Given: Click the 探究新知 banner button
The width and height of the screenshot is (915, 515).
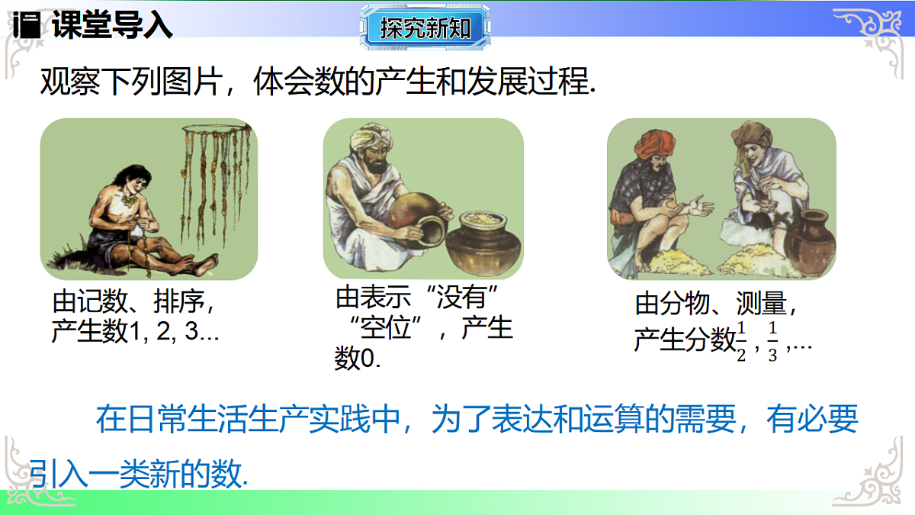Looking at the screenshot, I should (x=425, y=28).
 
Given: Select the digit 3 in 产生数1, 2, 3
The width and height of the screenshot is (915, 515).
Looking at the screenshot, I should (x=204, y=333).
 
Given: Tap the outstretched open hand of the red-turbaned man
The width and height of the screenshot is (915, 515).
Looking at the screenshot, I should (x=699, y=205).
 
